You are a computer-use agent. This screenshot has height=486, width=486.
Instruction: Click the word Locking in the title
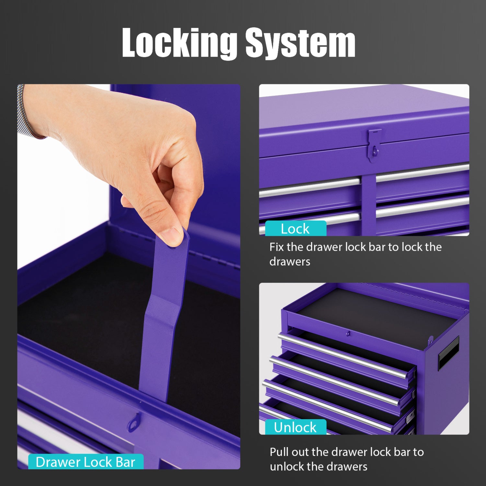[x=179, y=43]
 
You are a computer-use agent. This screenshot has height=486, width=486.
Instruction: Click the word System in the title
[x=300, y=43]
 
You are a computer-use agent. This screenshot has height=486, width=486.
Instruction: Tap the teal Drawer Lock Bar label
[x=86, y=462]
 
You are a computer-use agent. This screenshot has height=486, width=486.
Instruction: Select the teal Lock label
[x=295, y=228]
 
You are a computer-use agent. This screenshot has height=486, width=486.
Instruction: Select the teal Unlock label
[x=295, y=427]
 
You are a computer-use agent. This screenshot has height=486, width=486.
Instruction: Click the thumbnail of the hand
[x=171, y=234]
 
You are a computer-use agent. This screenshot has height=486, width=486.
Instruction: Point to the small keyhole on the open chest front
[x=348, y=333]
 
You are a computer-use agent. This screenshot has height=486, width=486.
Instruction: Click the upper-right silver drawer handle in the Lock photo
[x=422, y=173]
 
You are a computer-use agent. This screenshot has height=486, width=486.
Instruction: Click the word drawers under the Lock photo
[x=290, y=261]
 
